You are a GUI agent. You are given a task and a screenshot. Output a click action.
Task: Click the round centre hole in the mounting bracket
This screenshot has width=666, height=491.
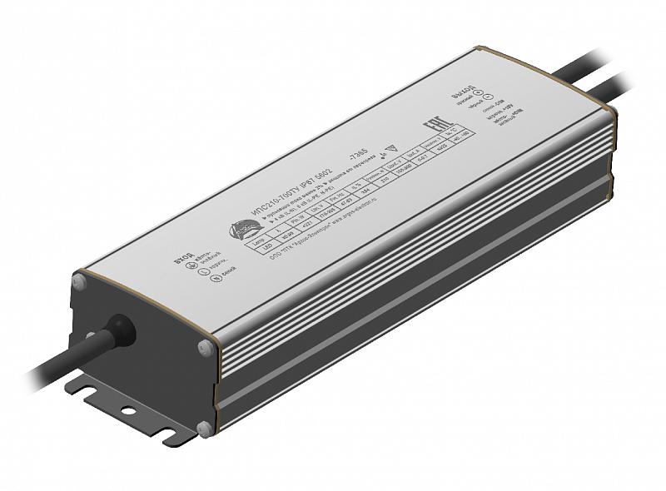pyautogui.click(x=127, y=410)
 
